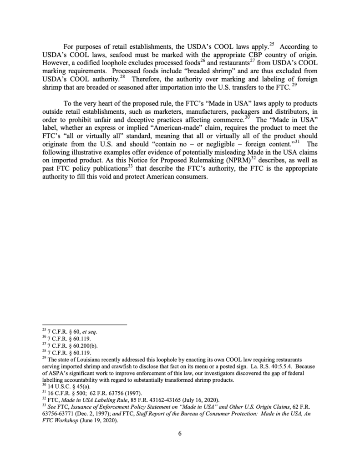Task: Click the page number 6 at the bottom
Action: tap(180, 433)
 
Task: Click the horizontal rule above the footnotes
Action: tap(84, 324)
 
